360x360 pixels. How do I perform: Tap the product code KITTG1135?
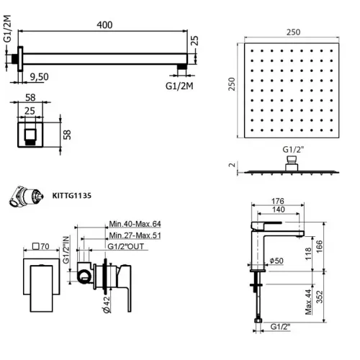(72, 194)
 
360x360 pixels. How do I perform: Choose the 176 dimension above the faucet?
(279, 202)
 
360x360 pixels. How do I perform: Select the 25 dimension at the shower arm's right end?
(196, 48)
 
